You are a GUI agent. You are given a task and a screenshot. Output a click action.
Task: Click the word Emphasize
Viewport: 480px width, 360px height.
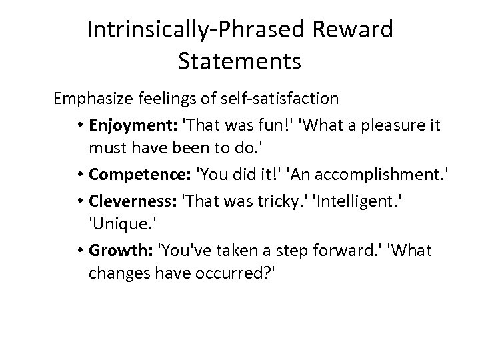pyautogui.click(x=91, y=99)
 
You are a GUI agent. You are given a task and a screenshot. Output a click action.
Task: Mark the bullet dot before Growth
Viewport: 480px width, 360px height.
pyautogui.click(x=79, y=251)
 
